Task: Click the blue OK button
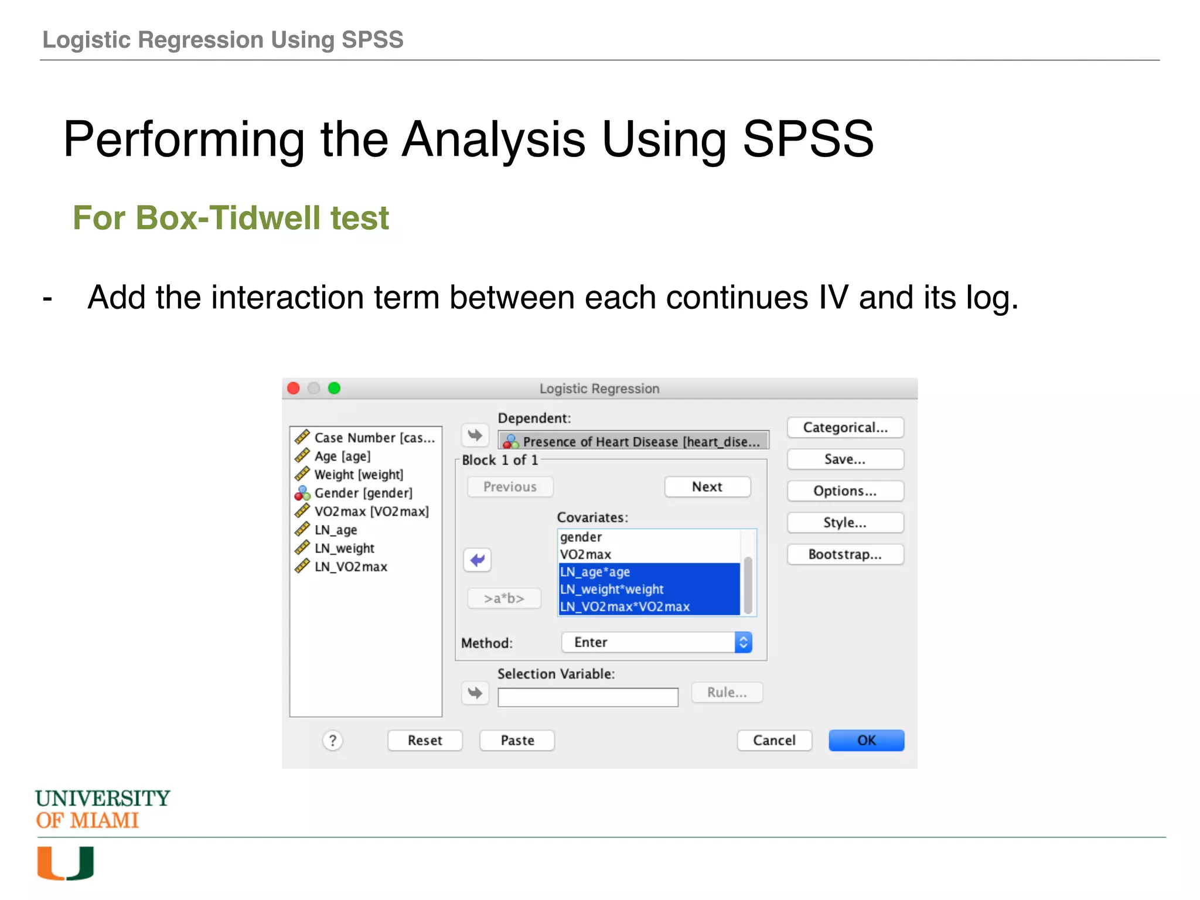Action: click(865, 740)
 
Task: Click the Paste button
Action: click(517, 740)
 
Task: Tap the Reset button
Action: click(425, 740)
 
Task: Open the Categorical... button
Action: click(845, 427)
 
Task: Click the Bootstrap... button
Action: click(845, 554)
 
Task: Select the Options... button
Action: click(845, 491)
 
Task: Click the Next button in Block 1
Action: click(707, 487)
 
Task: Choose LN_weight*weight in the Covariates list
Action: click(612, 589)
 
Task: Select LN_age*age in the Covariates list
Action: click(595, 572)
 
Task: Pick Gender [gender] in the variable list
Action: click(363, 493)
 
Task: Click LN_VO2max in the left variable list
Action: click(350, 567)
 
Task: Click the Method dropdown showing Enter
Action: click(656, 642)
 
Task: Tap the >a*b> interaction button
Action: click(504, 598)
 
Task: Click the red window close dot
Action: click(294, 388)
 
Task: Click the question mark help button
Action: click(332, 741)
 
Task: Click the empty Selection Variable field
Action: click(588, 697)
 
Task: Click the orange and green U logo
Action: click(66, 862)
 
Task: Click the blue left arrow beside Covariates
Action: click(478, 560)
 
